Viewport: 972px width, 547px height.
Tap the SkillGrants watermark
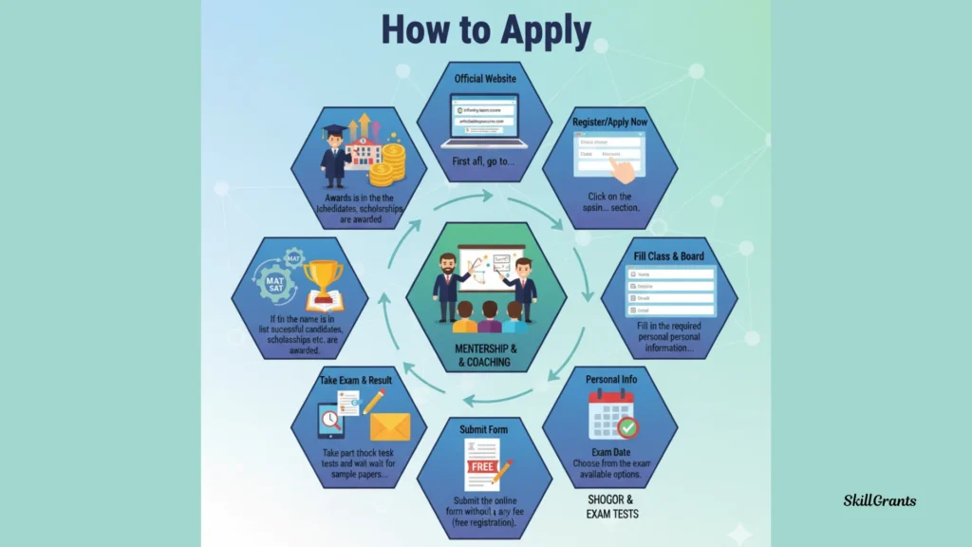click(x=880, y=500)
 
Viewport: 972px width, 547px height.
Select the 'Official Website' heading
click(x=485, y=79)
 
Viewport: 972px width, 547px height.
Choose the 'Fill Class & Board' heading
click(x=669, y=256)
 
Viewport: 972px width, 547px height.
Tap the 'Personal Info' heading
click(x=611, y=380)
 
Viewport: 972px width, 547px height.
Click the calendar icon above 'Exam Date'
click(x=611, y=415)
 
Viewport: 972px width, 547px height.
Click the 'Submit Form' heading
click(x=484, y=429)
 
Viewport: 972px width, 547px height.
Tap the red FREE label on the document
click(x=481, y=467)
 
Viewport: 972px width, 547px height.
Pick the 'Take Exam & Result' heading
click(x=355, y=380)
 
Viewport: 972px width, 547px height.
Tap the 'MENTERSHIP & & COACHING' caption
click(x=485, y=355)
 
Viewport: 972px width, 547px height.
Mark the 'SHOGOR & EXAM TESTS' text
click(x=611, y=506)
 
